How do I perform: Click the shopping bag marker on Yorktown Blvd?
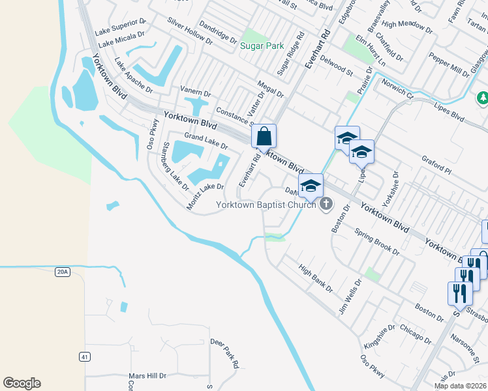tap(264, 137)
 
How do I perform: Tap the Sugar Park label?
tap(262, 46)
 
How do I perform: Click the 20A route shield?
tap(62, 272)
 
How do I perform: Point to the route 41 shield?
tap(84, 356)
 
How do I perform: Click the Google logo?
tap(22, 383)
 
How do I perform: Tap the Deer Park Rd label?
tap(224, 353)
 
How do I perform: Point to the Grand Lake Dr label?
tap(206, 140)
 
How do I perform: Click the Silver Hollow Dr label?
tap(190, 31)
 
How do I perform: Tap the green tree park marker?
tap(483, 98)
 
